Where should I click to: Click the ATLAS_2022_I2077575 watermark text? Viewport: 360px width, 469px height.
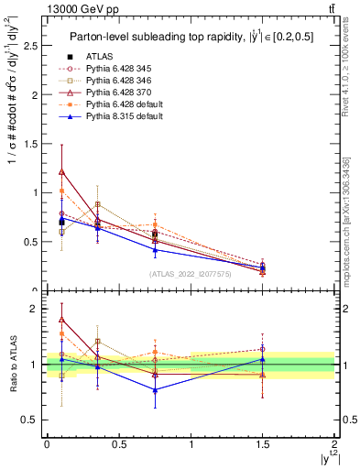click(x=191, y=274)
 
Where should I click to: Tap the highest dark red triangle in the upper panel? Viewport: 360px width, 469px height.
click(x=61, y=171)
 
